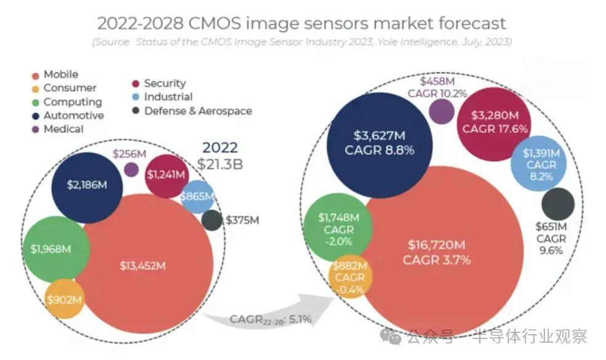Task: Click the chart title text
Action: (301, 23)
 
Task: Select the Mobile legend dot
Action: (36, 75)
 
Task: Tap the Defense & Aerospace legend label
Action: (197, 111)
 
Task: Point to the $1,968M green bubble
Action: (55, 249)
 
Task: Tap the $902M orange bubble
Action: (64, 300)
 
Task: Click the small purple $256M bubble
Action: (131, 170)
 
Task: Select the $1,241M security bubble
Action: (165, 175)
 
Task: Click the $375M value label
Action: (242, 220)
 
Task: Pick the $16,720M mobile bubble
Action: (437, 252)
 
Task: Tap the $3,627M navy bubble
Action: (379, 144)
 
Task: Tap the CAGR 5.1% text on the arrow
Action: (271, 319)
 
